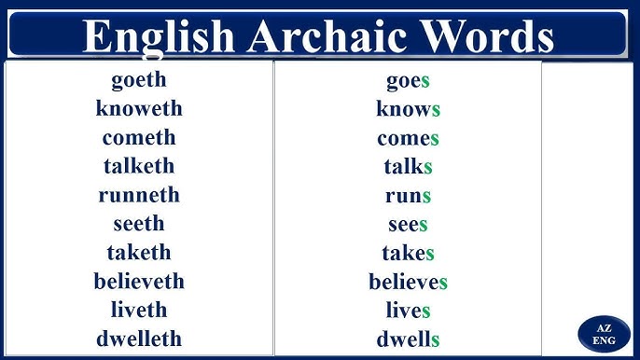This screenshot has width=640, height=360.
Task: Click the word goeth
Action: point(138,80)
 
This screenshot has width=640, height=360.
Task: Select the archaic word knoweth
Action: point(138,109)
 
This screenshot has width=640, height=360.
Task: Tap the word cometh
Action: point(138,138)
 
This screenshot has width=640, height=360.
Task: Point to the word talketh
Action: point(138,167)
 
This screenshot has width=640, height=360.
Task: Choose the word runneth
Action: point(138,196)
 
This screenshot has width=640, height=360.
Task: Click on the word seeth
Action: point(138,224)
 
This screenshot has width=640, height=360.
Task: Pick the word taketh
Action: point(138,253)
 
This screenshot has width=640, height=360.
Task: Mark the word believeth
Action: point(138,282)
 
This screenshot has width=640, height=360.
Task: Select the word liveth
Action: point(138,310)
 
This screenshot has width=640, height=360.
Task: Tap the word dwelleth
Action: point(138,339)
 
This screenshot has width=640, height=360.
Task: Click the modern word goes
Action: point(408,81)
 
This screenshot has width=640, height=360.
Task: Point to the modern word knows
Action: point(408,110)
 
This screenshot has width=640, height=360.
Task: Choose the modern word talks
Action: point(408,168)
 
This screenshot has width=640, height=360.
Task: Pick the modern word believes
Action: point(408,282)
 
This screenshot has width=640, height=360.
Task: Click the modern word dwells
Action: point(408,339)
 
